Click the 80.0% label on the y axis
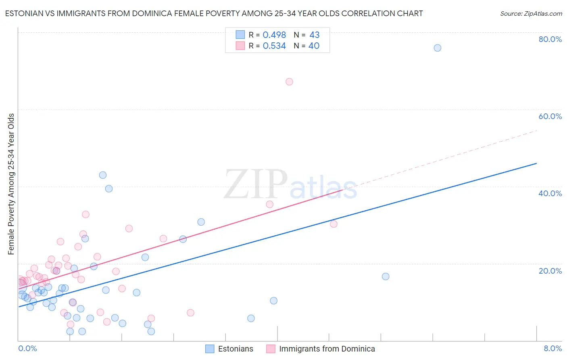tap(550, 39)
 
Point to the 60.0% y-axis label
tap(550, 116)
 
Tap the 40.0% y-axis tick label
tap(550, 193)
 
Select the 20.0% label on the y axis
tap(550, 270)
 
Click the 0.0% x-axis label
tap(27, 348)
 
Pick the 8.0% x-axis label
tap(552, 348)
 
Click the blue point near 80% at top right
tap(437, 48)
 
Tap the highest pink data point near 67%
tap(289, 82)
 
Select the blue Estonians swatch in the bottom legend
tap(210, 349)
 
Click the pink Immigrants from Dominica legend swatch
tap(271, 349)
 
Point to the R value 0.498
tap(274, 35)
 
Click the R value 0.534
tap(274, 46)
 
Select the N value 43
tap(314, 35)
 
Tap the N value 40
tap(314, 46)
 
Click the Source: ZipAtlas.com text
tap(531, 14)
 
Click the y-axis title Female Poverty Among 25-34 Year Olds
tap(11, 184)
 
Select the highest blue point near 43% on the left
tap(103, 175)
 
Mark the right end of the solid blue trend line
tap(536, 163)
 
